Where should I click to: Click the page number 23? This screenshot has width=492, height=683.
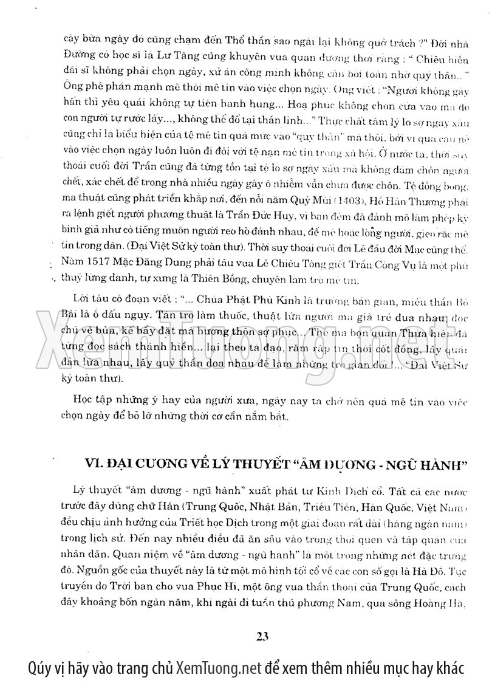[262, 637]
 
